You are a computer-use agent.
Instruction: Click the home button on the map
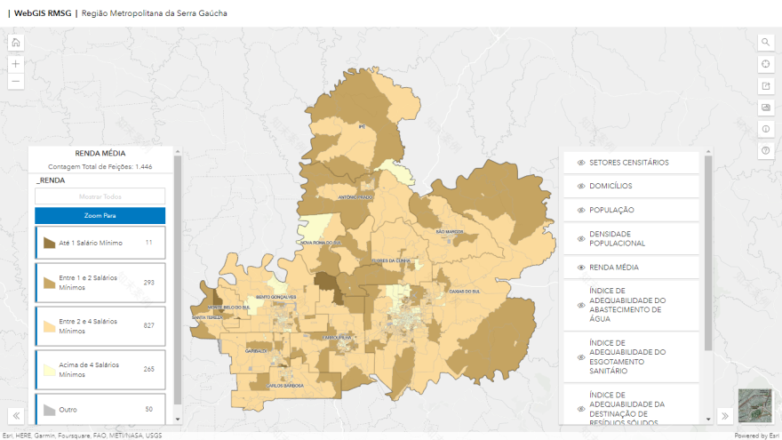pyautogui.click(x=16, y=42)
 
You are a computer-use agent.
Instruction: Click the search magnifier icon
pyautogui.click(x=765, y=42)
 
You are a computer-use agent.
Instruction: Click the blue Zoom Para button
pyautogui.click(x=100, y=215)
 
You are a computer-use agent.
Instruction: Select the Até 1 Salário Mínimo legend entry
pyautogui.click(x=100, y=243)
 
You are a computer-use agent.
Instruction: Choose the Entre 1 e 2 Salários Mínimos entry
pyautogui.click(x=100, y=283)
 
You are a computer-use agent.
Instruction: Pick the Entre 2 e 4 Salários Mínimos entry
pyautogui.click(x=100, y=325)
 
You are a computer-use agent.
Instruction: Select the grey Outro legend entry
pyautogui.click(x=100, y=409)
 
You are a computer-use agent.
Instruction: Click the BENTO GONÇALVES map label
pyautogui.click(x=275, y=296)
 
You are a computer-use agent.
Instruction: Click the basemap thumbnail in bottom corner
pyautogui.click(x=754, y=405)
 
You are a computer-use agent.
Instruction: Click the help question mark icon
pyautogui.click(x=765, y=151)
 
